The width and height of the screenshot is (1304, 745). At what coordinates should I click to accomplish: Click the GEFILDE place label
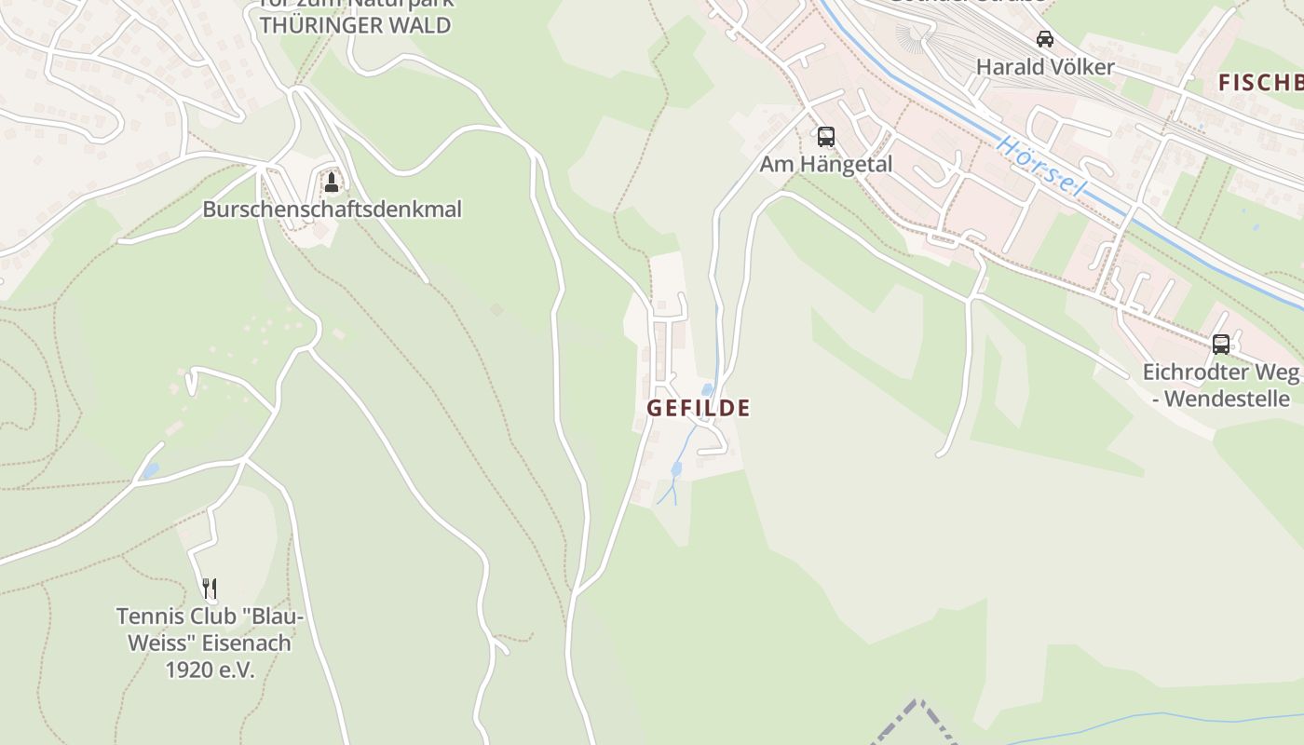coord(699,408)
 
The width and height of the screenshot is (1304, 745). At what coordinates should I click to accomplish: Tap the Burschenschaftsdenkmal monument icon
coord(331,182)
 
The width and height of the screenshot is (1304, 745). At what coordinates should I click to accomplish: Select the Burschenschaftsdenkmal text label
coord(332,210)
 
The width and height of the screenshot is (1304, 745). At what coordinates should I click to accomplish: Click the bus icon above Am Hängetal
coord(825,137)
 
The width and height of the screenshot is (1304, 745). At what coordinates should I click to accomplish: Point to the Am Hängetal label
coord(826,165)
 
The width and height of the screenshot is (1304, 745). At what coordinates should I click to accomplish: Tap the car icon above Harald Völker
coord(1045,39)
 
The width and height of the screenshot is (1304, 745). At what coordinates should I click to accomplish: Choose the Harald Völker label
coord(1045,67)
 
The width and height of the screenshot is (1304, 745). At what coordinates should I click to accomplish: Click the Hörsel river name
coord(1041,166)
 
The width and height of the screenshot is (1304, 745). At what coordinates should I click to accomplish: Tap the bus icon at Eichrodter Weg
coord(1220,345)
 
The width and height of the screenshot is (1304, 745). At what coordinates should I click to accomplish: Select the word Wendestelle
coord(1227,400)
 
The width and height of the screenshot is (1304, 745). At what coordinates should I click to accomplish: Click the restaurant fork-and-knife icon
coord(210,589)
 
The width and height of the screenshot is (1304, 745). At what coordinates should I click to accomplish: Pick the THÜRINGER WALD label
coord(355,26)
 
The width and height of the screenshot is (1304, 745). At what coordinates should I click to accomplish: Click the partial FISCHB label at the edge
coord(1260,83)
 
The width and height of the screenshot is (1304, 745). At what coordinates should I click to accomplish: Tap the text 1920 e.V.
coord(210,670)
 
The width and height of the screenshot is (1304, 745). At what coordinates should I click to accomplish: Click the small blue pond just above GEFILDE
coord(708,389)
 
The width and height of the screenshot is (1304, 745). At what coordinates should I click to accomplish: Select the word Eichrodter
coord(1193,372)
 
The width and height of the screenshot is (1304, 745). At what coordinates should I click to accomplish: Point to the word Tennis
coord(149,616)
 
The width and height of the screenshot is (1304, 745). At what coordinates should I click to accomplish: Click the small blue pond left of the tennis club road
coord(150,471)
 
